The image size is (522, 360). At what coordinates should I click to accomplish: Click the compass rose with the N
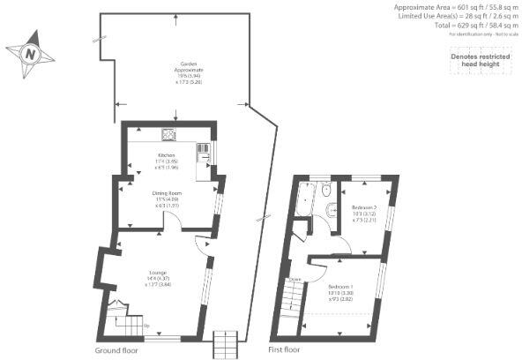click(x=31, y=52)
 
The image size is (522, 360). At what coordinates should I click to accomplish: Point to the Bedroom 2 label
click(x=363, y=206)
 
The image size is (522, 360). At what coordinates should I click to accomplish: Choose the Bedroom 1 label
click(x=341, y=288)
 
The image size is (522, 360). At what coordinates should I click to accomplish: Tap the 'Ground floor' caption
click(x=116, y=350)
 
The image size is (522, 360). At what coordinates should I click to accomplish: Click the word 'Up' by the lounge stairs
click(x=145, y=327)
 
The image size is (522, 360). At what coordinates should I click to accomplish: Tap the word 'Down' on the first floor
click(x=296, y=280)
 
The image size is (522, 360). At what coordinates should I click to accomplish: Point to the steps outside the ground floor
click(x=227, y=343)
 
